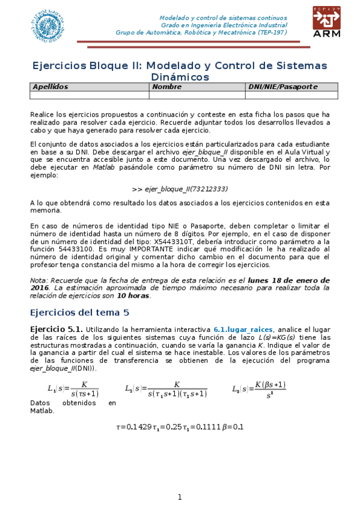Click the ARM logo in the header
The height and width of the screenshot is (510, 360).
(326, 22)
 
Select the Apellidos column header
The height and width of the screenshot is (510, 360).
(50, 87)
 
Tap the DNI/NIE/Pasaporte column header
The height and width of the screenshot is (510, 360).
(282, 87)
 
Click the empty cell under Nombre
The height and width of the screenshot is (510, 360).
(197, 94)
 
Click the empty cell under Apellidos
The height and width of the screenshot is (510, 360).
(89, 94)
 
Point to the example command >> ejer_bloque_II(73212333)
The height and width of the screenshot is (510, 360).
(180, 188)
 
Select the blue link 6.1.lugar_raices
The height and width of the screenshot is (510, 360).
(243, 330)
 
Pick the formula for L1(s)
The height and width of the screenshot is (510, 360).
(73, 389)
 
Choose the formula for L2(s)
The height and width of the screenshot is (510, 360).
(166, 389)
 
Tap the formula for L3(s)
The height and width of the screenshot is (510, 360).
(258, 389)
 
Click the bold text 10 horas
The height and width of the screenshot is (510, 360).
(133, 296)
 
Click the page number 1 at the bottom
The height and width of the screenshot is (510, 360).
(179, 497)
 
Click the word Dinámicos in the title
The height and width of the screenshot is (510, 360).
(180, 77)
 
